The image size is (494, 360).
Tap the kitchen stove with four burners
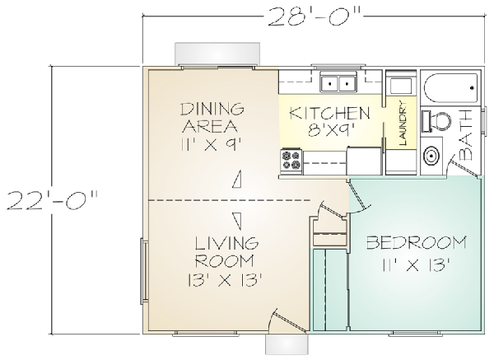(291, 161)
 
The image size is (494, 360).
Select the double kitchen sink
(338, 83)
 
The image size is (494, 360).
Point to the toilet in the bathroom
(436, 121)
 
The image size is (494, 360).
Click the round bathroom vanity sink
(431, 156)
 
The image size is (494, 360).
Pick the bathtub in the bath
(451, 88)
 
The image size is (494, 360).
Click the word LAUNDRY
(403, 123)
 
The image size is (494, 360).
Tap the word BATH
(465, 136)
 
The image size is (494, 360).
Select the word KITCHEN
(329, 113)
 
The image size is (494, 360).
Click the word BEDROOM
(416, 242)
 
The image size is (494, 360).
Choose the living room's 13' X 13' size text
(226, 280)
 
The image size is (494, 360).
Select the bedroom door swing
(359, 197)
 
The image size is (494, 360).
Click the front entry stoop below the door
(286, 344)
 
